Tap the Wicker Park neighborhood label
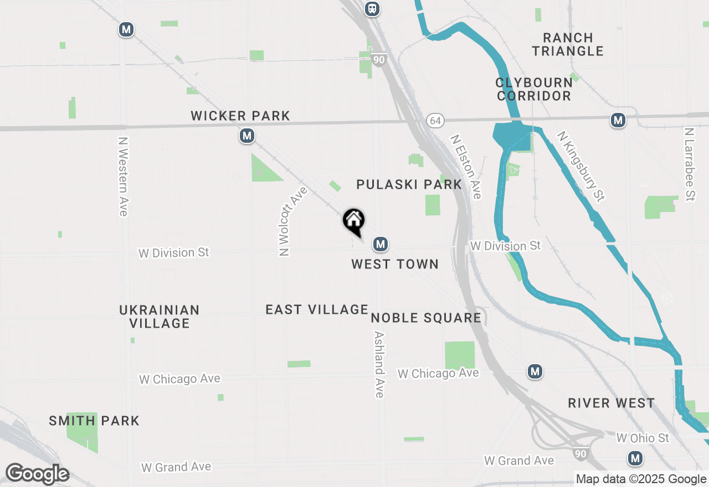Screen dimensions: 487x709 coord(240,116)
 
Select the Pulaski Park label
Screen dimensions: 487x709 coord(409,184)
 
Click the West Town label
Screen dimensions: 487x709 coord(395,264)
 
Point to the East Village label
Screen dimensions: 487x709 coord(317,309)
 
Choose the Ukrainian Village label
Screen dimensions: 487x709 coord(160,317)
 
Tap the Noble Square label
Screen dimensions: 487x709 coord(426,318)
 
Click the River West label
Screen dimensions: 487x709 coord(612,403)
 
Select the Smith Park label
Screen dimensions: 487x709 coord(94,421)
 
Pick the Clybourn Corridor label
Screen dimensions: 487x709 coord(534,89)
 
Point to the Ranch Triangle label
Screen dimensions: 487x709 coord(568,44)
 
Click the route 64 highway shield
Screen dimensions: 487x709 coord(435,120)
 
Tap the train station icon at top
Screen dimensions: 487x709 coord(372,8)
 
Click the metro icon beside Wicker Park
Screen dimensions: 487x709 coord(247,136)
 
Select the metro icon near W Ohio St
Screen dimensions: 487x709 coord(635,458)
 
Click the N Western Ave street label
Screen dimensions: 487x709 coord(123,177)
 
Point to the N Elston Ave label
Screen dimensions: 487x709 coord(466,167)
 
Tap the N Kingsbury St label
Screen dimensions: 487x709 coord(580,165)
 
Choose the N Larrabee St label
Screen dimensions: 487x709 coord(689,164)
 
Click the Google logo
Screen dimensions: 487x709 coord(37,474)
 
